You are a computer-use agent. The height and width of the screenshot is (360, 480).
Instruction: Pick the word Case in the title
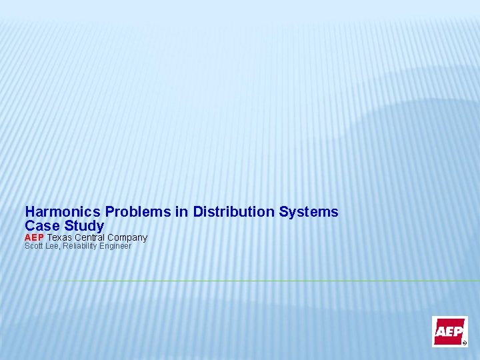pos(41,226)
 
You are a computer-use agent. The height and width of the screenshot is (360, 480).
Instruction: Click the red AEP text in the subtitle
pos(34,237)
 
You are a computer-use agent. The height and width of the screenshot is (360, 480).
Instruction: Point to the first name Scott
pos(33,246)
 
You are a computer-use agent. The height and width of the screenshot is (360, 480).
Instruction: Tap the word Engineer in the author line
pos(116,246)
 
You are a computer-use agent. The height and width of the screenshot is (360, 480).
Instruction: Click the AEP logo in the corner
pos(449,331)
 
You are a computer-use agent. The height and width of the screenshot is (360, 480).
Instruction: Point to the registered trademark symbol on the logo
pos(465,343)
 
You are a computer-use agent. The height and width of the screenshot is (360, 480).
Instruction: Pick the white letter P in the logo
pos(459,331)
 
